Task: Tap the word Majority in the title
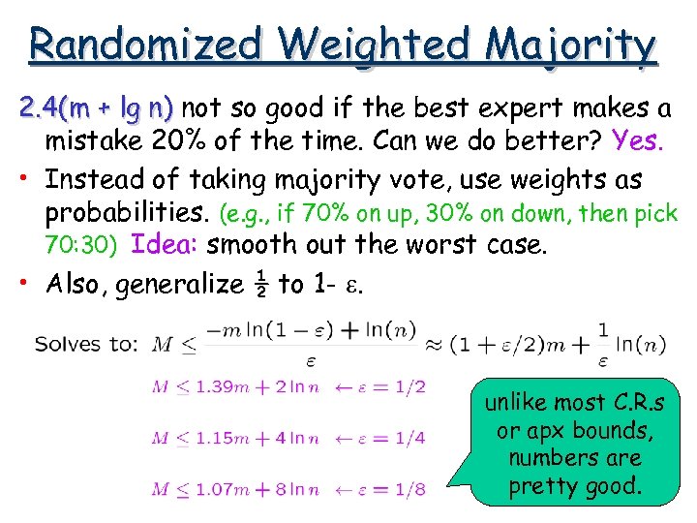click(571, 44)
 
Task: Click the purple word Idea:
click(165, 244)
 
